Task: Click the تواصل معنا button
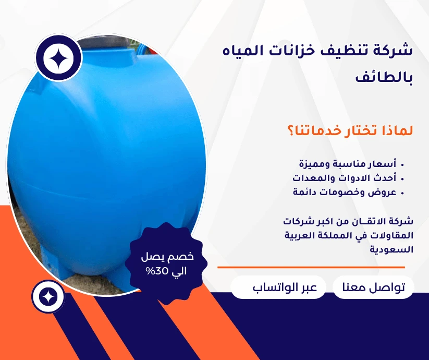tap(373, 287)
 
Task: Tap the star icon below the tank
tap(48, 296)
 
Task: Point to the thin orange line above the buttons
tap(311, 267)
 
